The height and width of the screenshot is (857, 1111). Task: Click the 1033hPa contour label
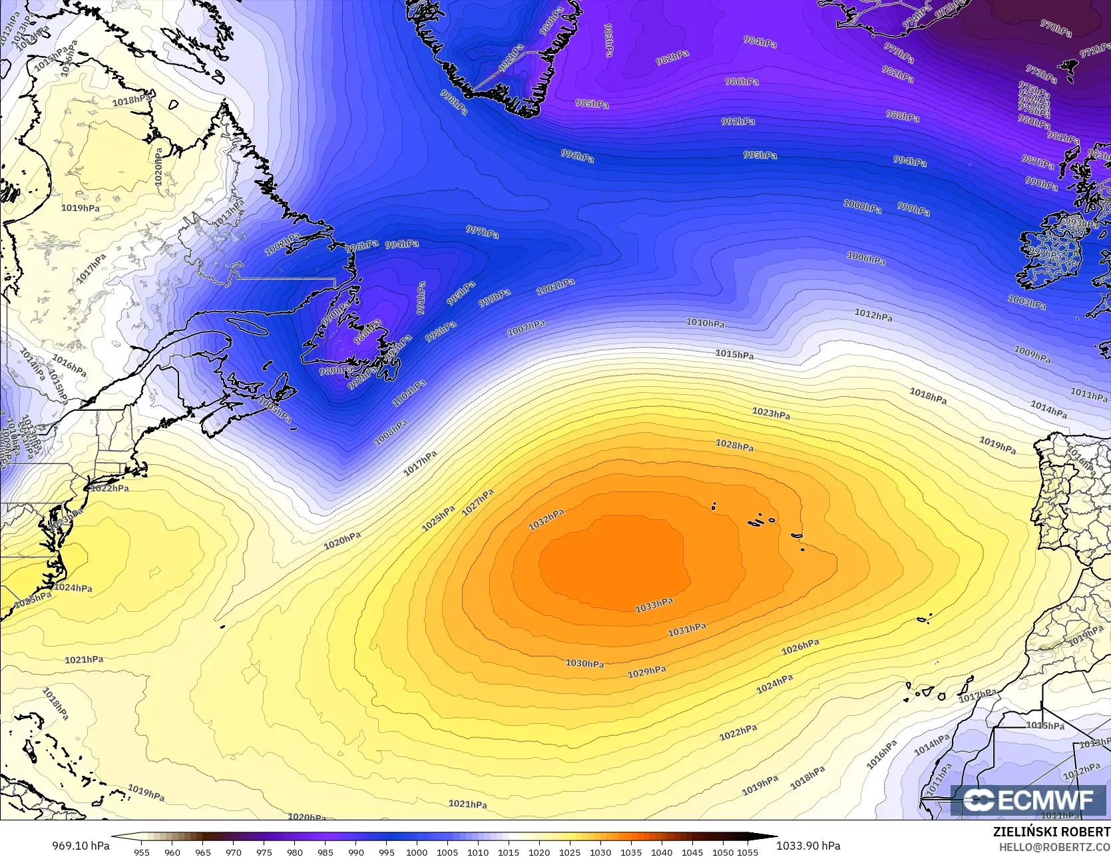tap(654, 605)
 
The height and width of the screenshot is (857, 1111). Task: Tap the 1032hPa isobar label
tap(546, 519)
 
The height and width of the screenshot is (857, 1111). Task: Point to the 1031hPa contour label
tap(687, 629)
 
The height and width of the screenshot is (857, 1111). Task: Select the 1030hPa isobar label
tap(584, 663)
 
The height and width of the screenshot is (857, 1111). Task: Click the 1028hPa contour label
tap(734, 445)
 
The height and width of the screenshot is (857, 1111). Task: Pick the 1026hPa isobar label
tap(800, 646)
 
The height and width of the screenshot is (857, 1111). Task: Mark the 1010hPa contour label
tap(706, 323)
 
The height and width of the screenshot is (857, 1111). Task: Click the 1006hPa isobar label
tap(866, 258)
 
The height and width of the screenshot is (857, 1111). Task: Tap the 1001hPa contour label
tap(555, 287)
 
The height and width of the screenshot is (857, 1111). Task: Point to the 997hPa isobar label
tap(482, 231)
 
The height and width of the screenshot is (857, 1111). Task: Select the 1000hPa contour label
tap(862, 206)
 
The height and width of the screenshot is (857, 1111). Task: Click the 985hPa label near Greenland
tap(592, 104)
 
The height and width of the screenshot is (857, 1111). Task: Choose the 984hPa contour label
tap(760, 42)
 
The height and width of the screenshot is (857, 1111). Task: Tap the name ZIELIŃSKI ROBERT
tap(1051, 832)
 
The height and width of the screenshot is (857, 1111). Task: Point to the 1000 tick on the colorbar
tap(417, 852)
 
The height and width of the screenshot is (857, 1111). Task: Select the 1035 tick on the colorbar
tap(631, 852)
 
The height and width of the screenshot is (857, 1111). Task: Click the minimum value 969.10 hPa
tap(81, 846)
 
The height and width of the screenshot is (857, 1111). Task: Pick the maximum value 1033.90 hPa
tap(808, 846)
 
